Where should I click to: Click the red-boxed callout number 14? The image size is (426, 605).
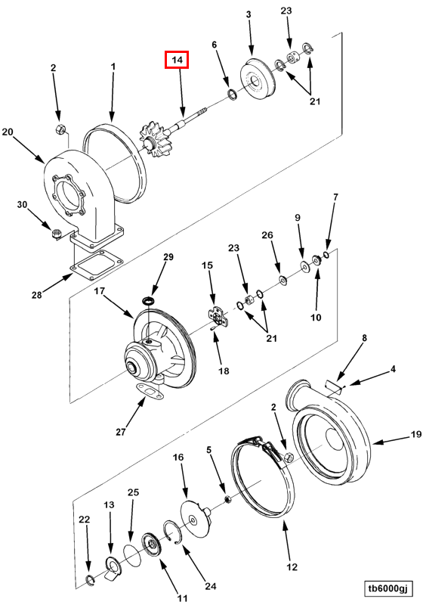(177, 60)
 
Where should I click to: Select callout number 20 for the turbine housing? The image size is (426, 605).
(8, 132)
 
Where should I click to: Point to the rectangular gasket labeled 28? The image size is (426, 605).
(96, 265)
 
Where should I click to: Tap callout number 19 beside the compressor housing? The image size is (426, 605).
(415, 434)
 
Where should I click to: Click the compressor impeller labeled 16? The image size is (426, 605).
(196, 517)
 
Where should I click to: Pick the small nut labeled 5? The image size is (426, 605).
(227, 500)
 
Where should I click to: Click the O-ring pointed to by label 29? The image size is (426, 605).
(148, 300)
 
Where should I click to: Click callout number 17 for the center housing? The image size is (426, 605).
(100, 290)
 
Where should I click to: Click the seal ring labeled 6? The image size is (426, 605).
(232, 94)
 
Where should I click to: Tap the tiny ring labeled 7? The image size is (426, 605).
(326, 255)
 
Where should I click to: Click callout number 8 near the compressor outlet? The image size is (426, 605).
(363, 337)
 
